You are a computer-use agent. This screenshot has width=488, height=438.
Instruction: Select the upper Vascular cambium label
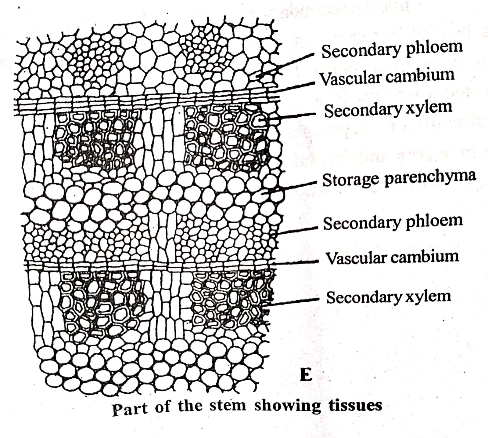(x=387, y=76)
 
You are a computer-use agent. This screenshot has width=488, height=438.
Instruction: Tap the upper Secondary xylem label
(x=388, y=109)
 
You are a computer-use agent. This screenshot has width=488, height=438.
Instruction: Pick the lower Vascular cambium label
(x=392, y=257)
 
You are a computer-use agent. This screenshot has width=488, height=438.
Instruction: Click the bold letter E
(x=306, y=375)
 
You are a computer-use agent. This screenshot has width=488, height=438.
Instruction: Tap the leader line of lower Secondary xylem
(x=293, y=301)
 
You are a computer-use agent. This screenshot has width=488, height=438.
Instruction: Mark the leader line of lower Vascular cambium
(x=296, y=262)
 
